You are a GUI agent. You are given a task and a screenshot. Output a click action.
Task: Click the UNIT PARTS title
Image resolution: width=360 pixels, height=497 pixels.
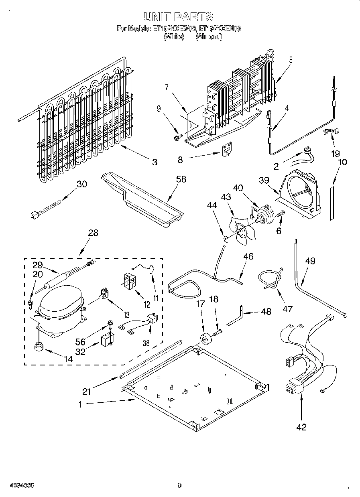pos(178,16)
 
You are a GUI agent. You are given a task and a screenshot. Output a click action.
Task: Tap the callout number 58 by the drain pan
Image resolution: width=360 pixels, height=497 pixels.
pos(181,179)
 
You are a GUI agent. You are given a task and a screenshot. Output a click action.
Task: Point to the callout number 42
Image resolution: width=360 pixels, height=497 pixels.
pos(301,427)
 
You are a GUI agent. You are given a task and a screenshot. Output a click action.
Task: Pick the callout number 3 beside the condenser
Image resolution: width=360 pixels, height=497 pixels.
pos(155,162)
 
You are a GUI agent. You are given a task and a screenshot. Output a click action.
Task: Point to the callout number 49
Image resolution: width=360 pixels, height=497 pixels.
pos(310,261)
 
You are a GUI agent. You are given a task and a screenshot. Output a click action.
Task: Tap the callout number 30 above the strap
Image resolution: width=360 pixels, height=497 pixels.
pos(81,184)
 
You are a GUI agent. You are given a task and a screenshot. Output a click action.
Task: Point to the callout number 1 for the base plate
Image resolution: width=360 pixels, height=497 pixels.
pos(80,404)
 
